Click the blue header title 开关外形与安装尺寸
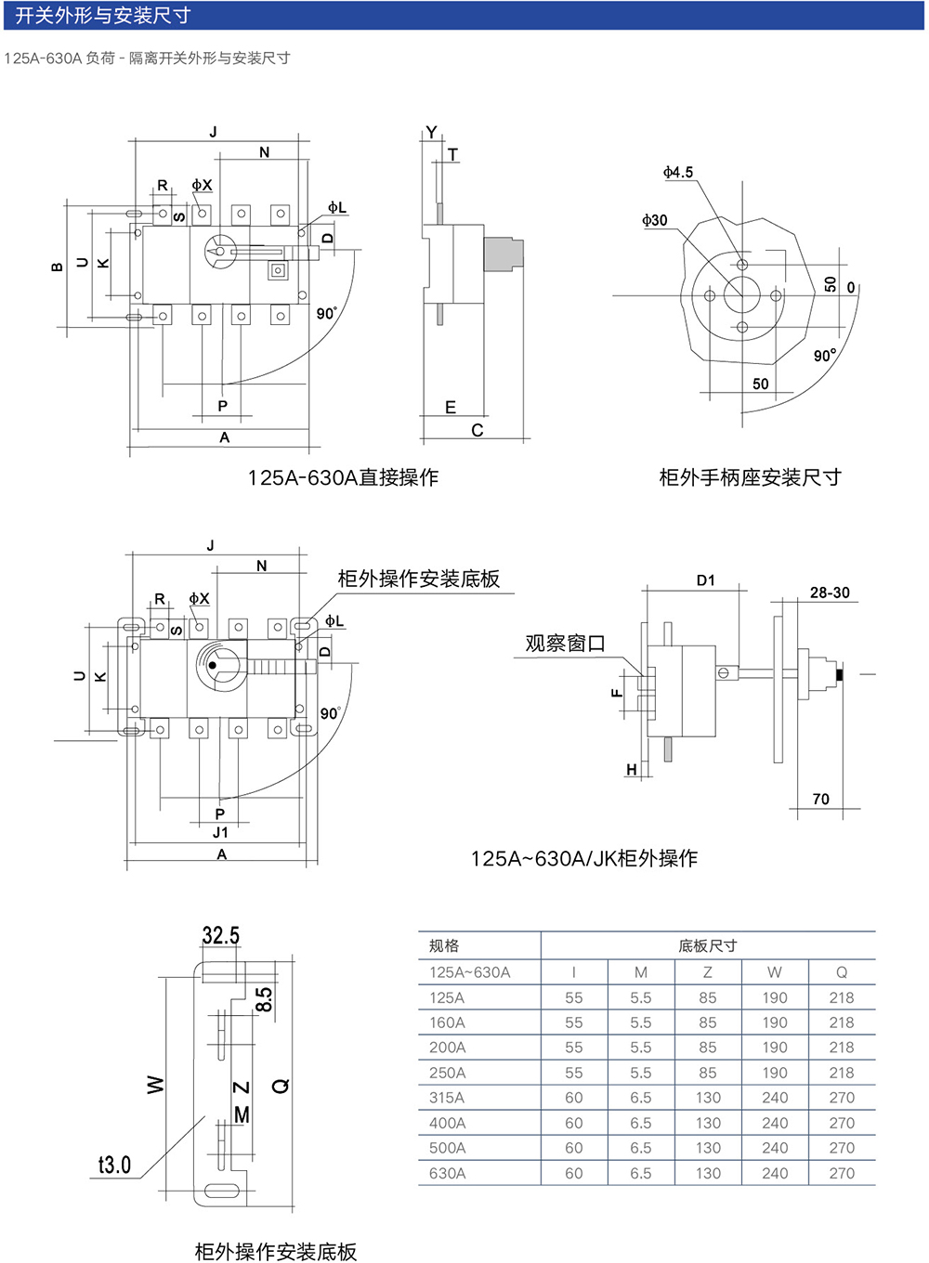[103, 16]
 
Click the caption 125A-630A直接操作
[343, 477]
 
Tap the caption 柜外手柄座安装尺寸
[750, 477]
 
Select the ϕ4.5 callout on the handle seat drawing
[677, 172]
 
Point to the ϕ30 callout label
[654, 220]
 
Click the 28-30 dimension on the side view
[830, 592]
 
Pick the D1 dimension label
[706, 580]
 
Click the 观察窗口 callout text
[565, 643]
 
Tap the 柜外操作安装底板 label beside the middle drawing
[419, 579]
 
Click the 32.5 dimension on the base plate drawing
[221, 935]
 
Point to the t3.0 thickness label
[115, 1165]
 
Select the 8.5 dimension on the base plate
[265, 999]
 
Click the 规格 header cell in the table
[444, 945]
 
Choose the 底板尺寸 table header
[708, 945]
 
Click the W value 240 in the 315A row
[775, 1098]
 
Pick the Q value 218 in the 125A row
[842, 997]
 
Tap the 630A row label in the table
[448, 1173]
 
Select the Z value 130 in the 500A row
[708, 1148]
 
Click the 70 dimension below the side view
[820, 799]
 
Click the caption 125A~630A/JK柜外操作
[583, 858]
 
